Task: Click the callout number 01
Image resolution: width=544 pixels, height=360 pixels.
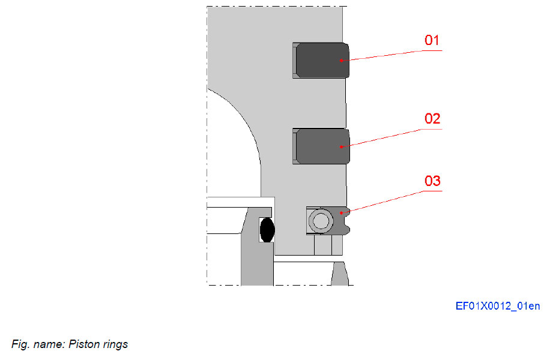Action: [432, 41]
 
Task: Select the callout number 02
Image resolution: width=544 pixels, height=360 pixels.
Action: [432, 119]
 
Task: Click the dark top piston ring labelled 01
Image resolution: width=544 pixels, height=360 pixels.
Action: [321, 60]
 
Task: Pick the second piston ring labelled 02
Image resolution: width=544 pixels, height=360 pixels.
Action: [321, 146]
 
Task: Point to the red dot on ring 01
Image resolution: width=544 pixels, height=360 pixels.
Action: [340, 60]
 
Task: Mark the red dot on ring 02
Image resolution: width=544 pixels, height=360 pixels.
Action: [341, 146]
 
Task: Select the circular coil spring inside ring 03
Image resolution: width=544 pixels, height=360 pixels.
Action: [321, 221]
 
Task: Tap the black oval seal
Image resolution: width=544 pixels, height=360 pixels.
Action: [267, 229]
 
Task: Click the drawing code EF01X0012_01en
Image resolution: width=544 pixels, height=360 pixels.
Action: [497, 307]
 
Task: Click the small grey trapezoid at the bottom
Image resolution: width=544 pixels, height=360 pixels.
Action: [340, 274]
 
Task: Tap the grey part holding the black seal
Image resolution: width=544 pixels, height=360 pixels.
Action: [252, 252]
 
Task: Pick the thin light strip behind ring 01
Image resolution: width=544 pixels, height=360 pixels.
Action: [294, 60]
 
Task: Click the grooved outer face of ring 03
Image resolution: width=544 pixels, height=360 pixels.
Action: [346, 220]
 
